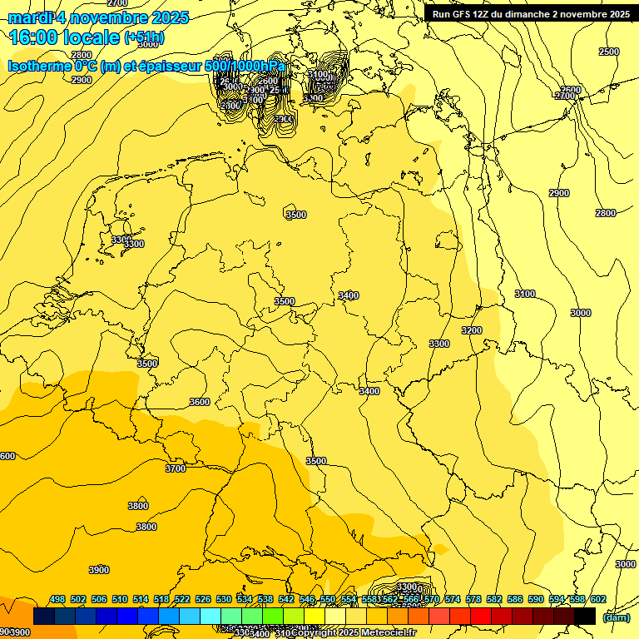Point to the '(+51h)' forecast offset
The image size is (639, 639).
pyautogui.click(x=146, y=38)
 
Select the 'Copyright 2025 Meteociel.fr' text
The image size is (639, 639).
pyautogui.click(x=354, y=633)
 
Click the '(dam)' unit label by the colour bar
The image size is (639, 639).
pyautogui.click(x=616, y=617)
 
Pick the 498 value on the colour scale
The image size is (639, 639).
pyautogui.click(x=57, y=599)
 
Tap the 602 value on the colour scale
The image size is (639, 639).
pyautogui.click(x=598, y=599)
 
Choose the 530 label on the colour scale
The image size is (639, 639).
pyautogui.click(x=224, y=599)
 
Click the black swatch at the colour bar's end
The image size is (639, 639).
pyautogui.click(x=585, y=616)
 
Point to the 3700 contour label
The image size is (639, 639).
pyautogui.click(x=176, y=468)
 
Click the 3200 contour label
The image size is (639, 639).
pyautogui.click(x=472, y=330)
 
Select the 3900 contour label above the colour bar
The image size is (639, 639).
pyautogui.click(x=99, y=570)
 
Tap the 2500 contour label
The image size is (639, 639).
pyautogui.click(x=609, y=52)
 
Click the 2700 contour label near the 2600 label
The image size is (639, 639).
pyautogui.click(x=565, y=97)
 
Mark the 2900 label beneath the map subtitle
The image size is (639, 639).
pyautogui.click(x=82, y=80)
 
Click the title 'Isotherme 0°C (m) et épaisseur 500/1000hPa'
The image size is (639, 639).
pyautogui.click(x=146, y=66)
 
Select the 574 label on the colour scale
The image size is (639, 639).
pyautogui.click(x=453, y=599)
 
